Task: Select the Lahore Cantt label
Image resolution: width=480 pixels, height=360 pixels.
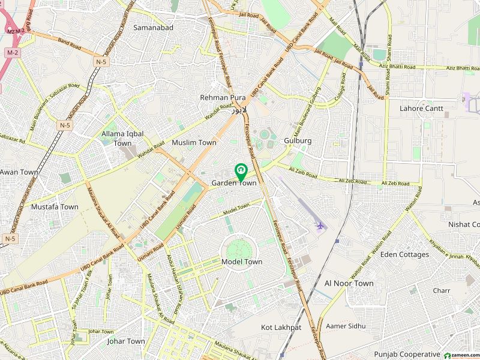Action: point(421,109)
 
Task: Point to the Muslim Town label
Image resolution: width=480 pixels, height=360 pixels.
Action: point(194,143)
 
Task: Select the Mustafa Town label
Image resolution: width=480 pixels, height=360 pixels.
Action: point(55,206)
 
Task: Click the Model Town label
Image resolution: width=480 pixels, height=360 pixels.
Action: point(242,262)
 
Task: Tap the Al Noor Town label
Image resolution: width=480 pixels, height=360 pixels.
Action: point(349,283)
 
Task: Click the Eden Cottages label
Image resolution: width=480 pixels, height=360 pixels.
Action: point(404,254)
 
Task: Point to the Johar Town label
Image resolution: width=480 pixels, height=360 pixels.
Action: point(125,341)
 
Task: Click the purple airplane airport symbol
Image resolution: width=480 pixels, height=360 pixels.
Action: point(320,226)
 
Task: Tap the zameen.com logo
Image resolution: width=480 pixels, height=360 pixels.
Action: point(460,355)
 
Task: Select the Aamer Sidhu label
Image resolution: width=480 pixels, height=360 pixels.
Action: point(345,326)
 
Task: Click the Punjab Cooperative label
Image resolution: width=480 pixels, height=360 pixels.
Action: point(407,354)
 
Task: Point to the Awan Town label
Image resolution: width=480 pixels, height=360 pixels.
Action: point(19,172)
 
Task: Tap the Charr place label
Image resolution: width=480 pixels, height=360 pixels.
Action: point(442,290)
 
